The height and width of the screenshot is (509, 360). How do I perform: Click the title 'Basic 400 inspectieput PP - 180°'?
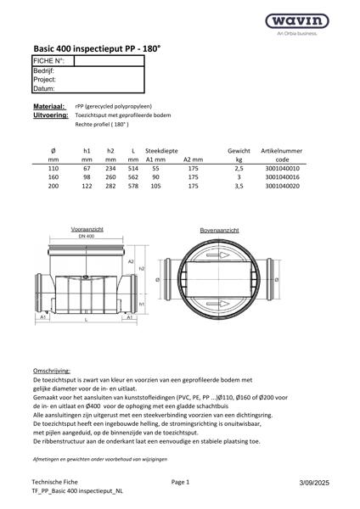96,50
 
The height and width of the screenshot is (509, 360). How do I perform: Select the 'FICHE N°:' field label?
49,62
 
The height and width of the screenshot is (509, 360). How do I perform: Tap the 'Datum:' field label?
44,88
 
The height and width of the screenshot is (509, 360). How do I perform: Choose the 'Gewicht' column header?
239,150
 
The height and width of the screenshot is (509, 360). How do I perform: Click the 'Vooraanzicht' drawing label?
86,229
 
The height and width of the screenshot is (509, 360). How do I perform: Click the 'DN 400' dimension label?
86,235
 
